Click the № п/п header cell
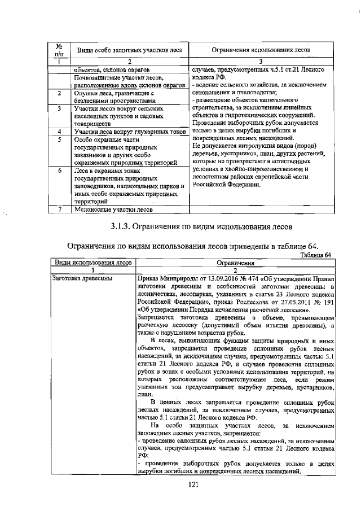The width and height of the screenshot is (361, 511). coord(58,50)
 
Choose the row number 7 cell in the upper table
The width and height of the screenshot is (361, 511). coord(58,209)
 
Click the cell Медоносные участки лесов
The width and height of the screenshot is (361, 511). coord(113,209)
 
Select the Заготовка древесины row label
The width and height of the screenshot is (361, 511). coord(81,278)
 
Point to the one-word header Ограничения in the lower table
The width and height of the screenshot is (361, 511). coord(235,263)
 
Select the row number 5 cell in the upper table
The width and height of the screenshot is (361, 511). coord(58,139)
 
